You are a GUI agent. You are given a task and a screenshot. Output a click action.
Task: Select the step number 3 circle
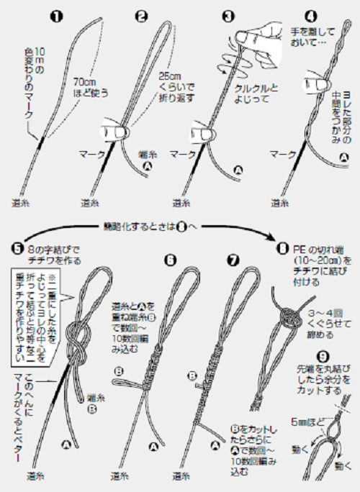[x=229, y=15]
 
